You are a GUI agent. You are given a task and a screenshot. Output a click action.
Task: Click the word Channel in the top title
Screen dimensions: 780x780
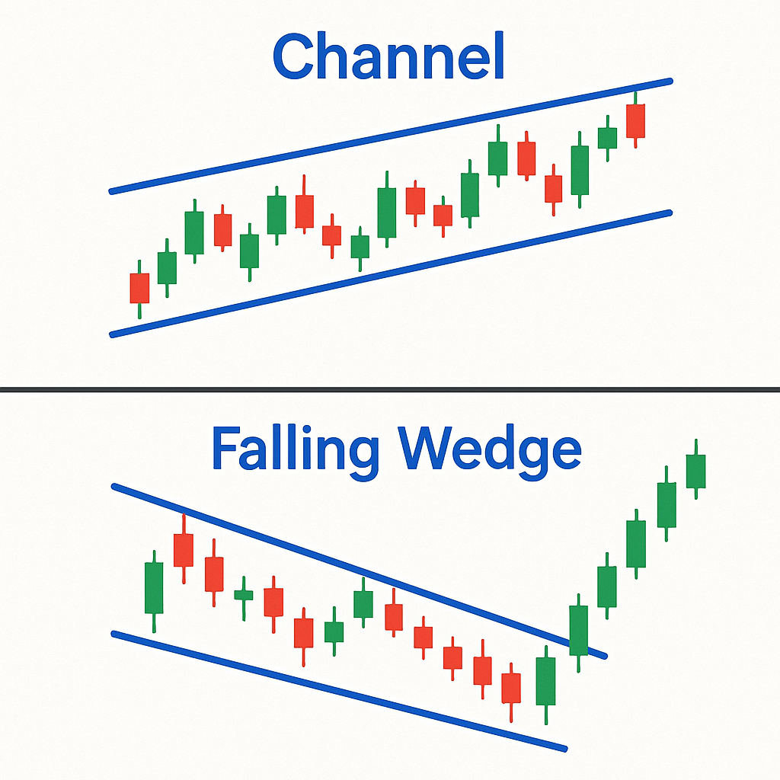click(x=388, y=56)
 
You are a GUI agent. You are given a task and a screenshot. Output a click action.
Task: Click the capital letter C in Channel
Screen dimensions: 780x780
click(x=293, y=56)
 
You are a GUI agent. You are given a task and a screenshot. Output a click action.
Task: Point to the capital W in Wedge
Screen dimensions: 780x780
click(x=432, y=448)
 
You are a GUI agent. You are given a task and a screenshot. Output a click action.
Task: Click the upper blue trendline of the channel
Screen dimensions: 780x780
click(x=391, y=136)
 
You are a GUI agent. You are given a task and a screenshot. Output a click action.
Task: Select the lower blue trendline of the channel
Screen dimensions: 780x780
click(x=391, y=273)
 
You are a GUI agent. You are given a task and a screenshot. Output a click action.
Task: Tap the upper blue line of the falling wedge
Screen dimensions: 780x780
click(x=360, y=571)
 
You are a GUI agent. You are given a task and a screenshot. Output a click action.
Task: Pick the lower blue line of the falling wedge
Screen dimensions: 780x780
click(x=339, y=691)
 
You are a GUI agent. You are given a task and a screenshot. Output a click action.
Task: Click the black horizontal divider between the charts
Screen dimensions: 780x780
click(x=390, y=389)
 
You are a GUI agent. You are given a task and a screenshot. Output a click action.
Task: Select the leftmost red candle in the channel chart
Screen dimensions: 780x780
click(x=140, y=289)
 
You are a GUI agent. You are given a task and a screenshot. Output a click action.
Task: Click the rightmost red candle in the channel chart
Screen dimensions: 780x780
click(x=636, y=120)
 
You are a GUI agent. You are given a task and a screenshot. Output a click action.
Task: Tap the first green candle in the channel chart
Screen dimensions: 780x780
click(x=167, y=267)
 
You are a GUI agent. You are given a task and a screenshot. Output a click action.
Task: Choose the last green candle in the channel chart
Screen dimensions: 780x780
click(x=607, y=138)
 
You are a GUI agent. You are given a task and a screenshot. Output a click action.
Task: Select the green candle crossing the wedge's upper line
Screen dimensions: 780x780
click(x=579, y=631)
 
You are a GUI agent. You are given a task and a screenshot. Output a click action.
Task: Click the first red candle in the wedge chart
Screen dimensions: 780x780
click(x=184, y=550)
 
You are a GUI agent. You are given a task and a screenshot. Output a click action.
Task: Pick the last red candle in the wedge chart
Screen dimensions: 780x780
click(x=511, y=689)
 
